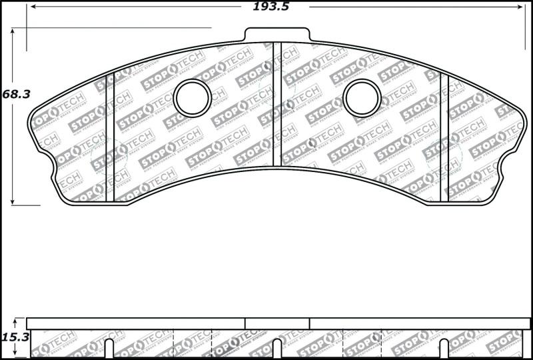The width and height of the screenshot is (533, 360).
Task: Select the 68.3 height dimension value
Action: [16, 94]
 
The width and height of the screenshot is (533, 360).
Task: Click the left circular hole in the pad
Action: [192, 98]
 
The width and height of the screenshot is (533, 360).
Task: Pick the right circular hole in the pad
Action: [362, 98]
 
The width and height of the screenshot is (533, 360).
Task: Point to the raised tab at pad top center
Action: [277, 34]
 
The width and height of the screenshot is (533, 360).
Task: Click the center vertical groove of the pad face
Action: [277, 107]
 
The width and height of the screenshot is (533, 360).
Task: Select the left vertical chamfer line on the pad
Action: [111, 133]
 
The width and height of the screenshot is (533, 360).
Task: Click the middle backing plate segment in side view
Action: [277, 323]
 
